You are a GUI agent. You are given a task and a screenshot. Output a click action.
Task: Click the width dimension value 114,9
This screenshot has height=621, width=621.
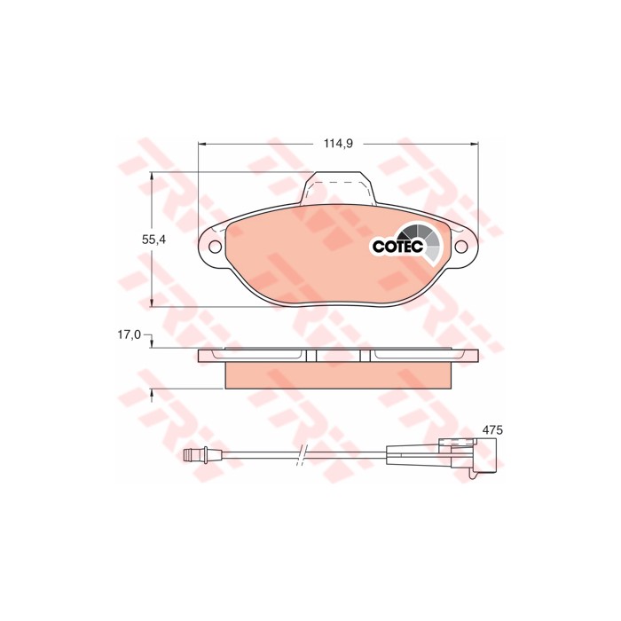[339, 142]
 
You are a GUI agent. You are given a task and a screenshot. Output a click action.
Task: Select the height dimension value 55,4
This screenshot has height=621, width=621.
[155, 239]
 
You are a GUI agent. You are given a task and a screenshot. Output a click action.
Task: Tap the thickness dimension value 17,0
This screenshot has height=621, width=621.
[130, 334]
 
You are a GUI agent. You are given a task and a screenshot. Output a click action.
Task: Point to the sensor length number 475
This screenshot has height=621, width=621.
[492, 429]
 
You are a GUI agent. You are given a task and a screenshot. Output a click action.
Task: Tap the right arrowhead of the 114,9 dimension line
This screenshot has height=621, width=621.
[476, 142]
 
